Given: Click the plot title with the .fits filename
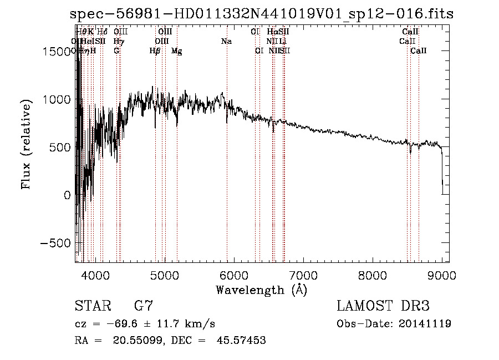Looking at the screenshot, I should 262,14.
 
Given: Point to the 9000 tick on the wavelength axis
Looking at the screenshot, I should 441,275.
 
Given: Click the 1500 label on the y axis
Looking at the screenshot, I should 57,52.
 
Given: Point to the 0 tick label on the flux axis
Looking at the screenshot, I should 67,195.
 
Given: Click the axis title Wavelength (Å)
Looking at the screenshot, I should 261,290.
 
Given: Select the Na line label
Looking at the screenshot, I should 226,42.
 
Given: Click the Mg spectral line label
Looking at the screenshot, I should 176,51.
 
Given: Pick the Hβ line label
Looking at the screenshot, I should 155,51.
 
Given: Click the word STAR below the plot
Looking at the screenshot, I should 91,306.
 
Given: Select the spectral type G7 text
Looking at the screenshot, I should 144,306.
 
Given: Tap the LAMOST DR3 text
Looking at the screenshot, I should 383,306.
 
